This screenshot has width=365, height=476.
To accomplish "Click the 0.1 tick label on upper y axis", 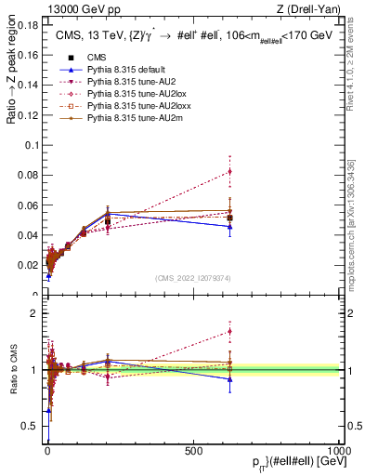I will click(x=31, y=145).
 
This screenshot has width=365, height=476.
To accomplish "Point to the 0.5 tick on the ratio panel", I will click(x=31, y=426).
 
